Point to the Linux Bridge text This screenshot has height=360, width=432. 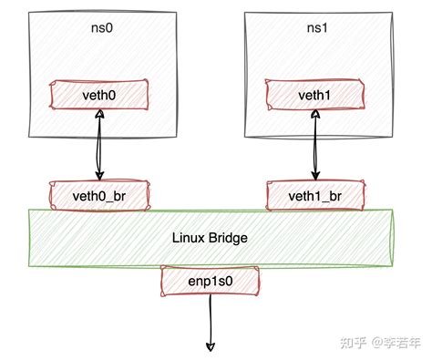[210, 237]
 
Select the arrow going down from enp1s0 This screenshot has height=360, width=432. [211, 319]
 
